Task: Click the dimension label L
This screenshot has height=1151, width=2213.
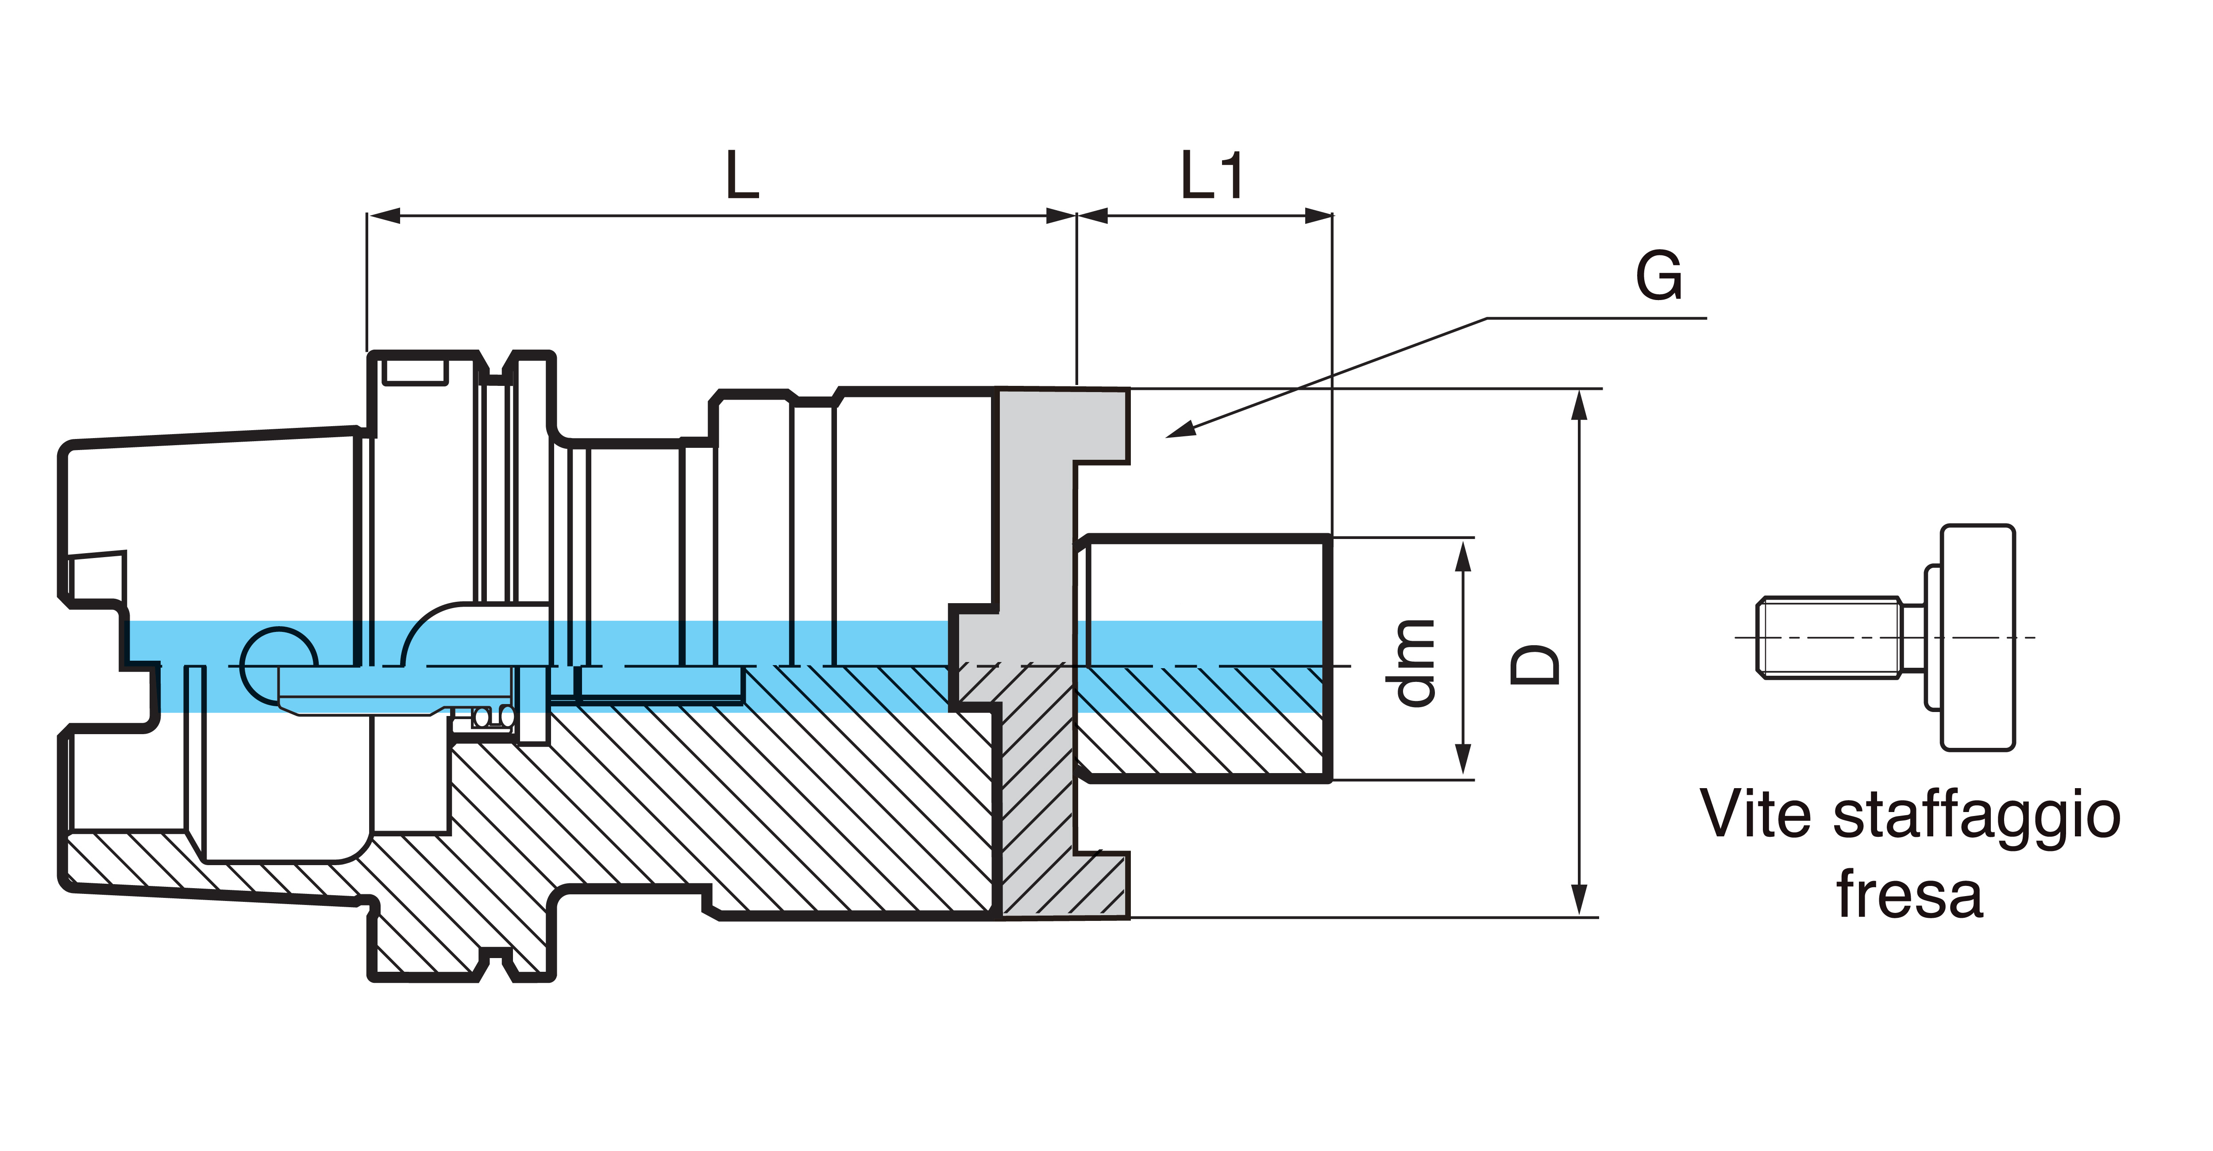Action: click(x=742, y=175)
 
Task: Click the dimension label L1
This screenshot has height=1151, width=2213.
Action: click(x=1211, y=175)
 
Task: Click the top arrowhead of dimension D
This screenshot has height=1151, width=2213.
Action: click(x=1578, y=404)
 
